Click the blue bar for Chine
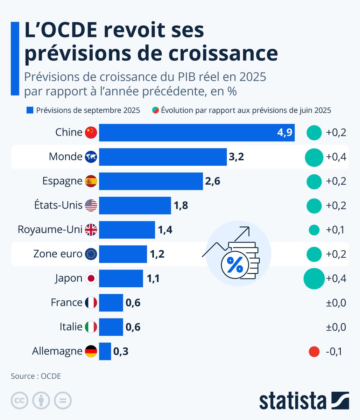197,133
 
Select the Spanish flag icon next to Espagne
91,181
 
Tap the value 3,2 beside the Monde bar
236,157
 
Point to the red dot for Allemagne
314,351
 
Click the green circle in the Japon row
314,279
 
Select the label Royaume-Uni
50,230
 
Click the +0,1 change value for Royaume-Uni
335,230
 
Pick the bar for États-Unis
135,205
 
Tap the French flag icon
91,303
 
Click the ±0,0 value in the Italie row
335,327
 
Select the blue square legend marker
30,111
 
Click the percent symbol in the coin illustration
235,265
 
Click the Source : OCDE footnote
36,376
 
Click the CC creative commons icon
20,400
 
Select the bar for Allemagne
105,351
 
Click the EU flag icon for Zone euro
91,254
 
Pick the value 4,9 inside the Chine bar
284,133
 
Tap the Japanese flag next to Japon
91,279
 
